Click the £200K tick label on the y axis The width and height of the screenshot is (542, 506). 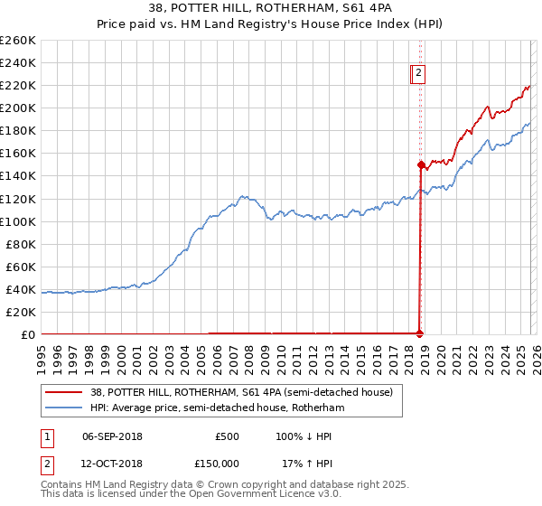pyautogui.click(x=18, y=108)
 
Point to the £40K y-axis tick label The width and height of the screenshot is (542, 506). pyautogui.click(x=21, y=289)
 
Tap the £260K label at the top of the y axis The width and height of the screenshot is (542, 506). pyautogui.click(x=18, y=41)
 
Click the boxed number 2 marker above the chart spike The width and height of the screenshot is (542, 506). pyautogui.click(x=420, y=75)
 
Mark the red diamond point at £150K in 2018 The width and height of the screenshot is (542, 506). pyautogui.click(x=421, y=164)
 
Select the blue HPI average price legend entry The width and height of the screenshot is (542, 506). pyautogui.click(x=217, y=408)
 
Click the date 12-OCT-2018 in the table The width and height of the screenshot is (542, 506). pyautogui.click(x=112, y=463)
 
